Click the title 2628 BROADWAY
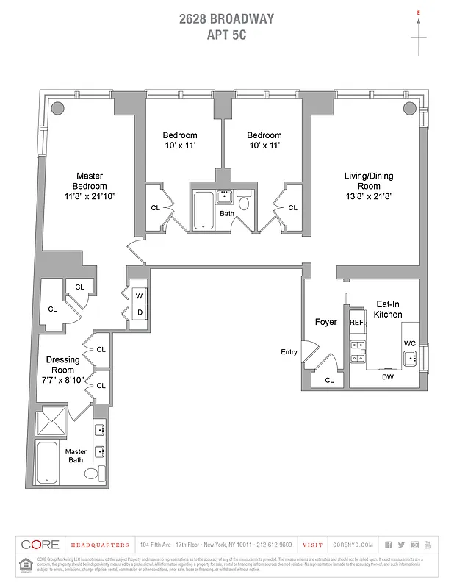point(226,19)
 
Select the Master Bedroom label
point(90,186)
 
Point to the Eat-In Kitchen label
point(389,309)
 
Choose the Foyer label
point(325,322)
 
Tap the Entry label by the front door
point(289,352)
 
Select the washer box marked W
point(138,296)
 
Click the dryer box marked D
point(138,312)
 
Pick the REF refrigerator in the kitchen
point(356,323)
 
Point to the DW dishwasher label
point(387,377)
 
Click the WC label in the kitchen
point(409,343)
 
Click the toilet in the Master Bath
point(93,473)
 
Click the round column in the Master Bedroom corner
point(56,108)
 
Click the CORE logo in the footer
point(40,545)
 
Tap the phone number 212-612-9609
point(276,545)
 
